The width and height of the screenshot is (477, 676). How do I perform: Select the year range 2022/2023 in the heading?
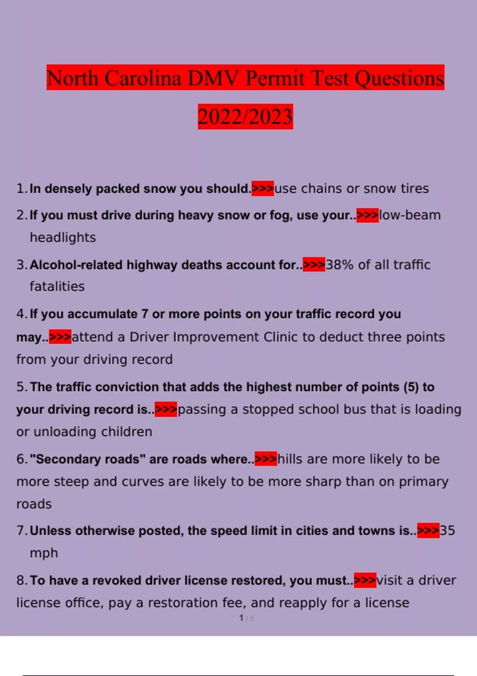[245, 117]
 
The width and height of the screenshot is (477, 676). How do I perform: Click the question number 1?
[21, 189]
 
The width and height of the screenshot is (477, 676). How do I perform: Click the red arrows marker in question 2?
[367, 215]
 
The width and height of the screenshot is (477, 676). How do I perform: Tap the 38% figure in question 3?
[339, 265]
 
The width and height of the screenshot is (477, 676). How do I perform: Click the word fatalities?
[57, 286]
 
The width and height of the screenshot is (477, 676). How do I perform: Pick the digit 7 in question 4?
[145, 314]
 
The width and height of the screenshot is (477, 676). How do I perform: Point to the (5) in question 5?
[411, 387]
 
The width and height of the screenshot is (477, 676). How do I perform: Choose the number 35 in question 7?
[447, 531]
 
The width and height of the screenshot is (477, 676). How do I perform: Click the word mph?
[44, 553]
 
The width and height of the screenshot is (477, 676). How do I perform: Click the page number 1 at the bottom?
[241, 618]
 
